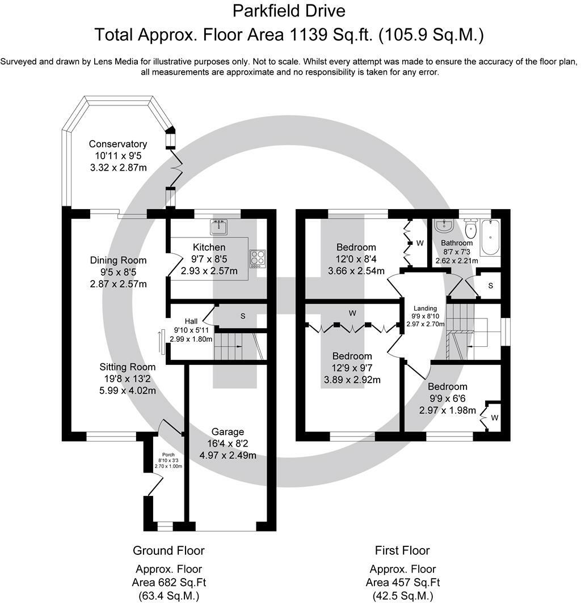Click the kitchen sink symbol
click(x=219, y=227)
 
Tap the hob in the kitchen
click(x=258, y=259)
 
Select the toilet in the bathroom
click(x=470, y=228)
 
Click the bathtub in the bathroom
click(x=490, y=237)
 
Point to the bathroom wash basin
click(x=444, y=226)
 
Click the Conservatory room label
click(x=118, y=144)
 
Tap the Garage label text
click(x=228, y=432)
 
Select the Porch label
click(x=169, y=455)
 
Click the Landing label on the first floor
click(x=425, y=308)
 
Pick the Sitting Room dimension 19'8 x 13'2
click(x=128, y=379)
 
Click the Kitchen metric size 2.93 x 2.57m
click(x=209, y=271)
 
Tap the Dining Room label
click(x=118, y=260)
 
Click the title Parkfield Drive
click(x=289, y=11)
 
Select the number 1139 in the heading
click(x=306, y=35)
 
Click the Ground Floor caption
click(x=169, y=550)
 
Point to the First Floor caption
click(x=402, y=550)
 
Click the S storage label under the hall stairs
click(x=243, y=316)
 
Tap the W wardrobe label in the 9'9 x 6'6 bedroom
click(x=495, y=418)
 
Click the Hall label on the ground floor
click(x=191, y=321)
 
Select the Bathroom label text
click(x=457, y=243)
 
